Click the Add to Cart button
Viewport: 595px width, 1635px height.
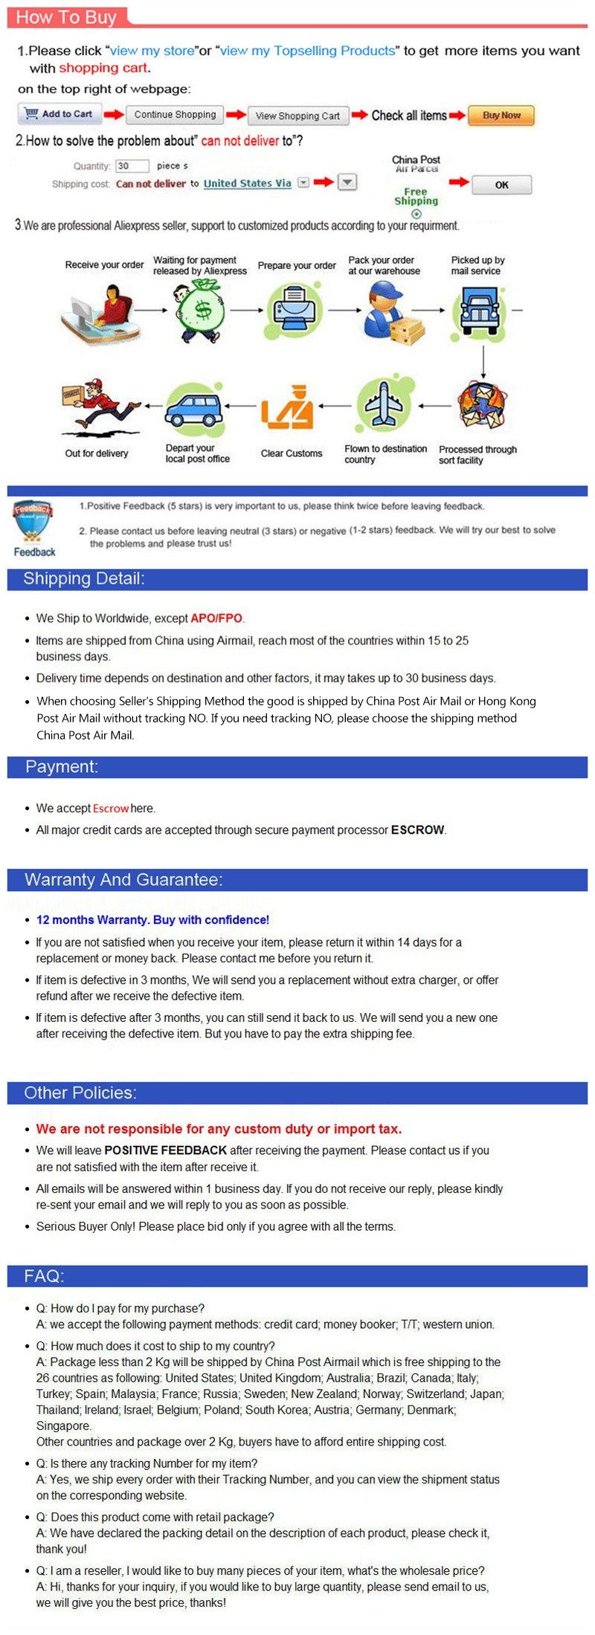coord(59,114)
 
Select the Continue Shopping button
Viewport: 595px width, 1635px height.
coord(175,115)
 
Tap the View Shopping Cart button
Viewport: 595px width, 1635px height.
coord(297,116)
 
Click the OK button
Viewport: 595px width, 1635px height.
coord(501,185)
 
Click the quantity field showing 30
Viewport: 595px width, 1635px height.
coord(132,166)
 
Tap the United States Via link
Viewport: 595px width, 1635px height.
coord(247,184)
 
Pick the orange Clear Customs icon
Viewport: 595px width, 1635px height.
coord(288,408)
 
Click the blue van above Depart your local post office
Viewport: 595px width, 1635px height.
coord(193,409)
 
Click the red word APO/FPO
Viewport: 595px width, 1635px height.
coord(216,618)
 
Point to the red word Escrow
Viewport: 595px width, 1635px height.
coord(111,809)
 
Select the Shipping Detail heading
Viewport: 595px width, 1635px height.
coord(84,579)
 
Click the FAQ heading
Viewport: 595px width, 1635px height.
coord(45,1276)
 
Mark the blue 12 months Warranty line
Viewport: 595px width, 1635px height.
coord(152,920)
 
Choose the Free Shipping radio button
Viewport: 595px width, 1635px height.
coord(416,214)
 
